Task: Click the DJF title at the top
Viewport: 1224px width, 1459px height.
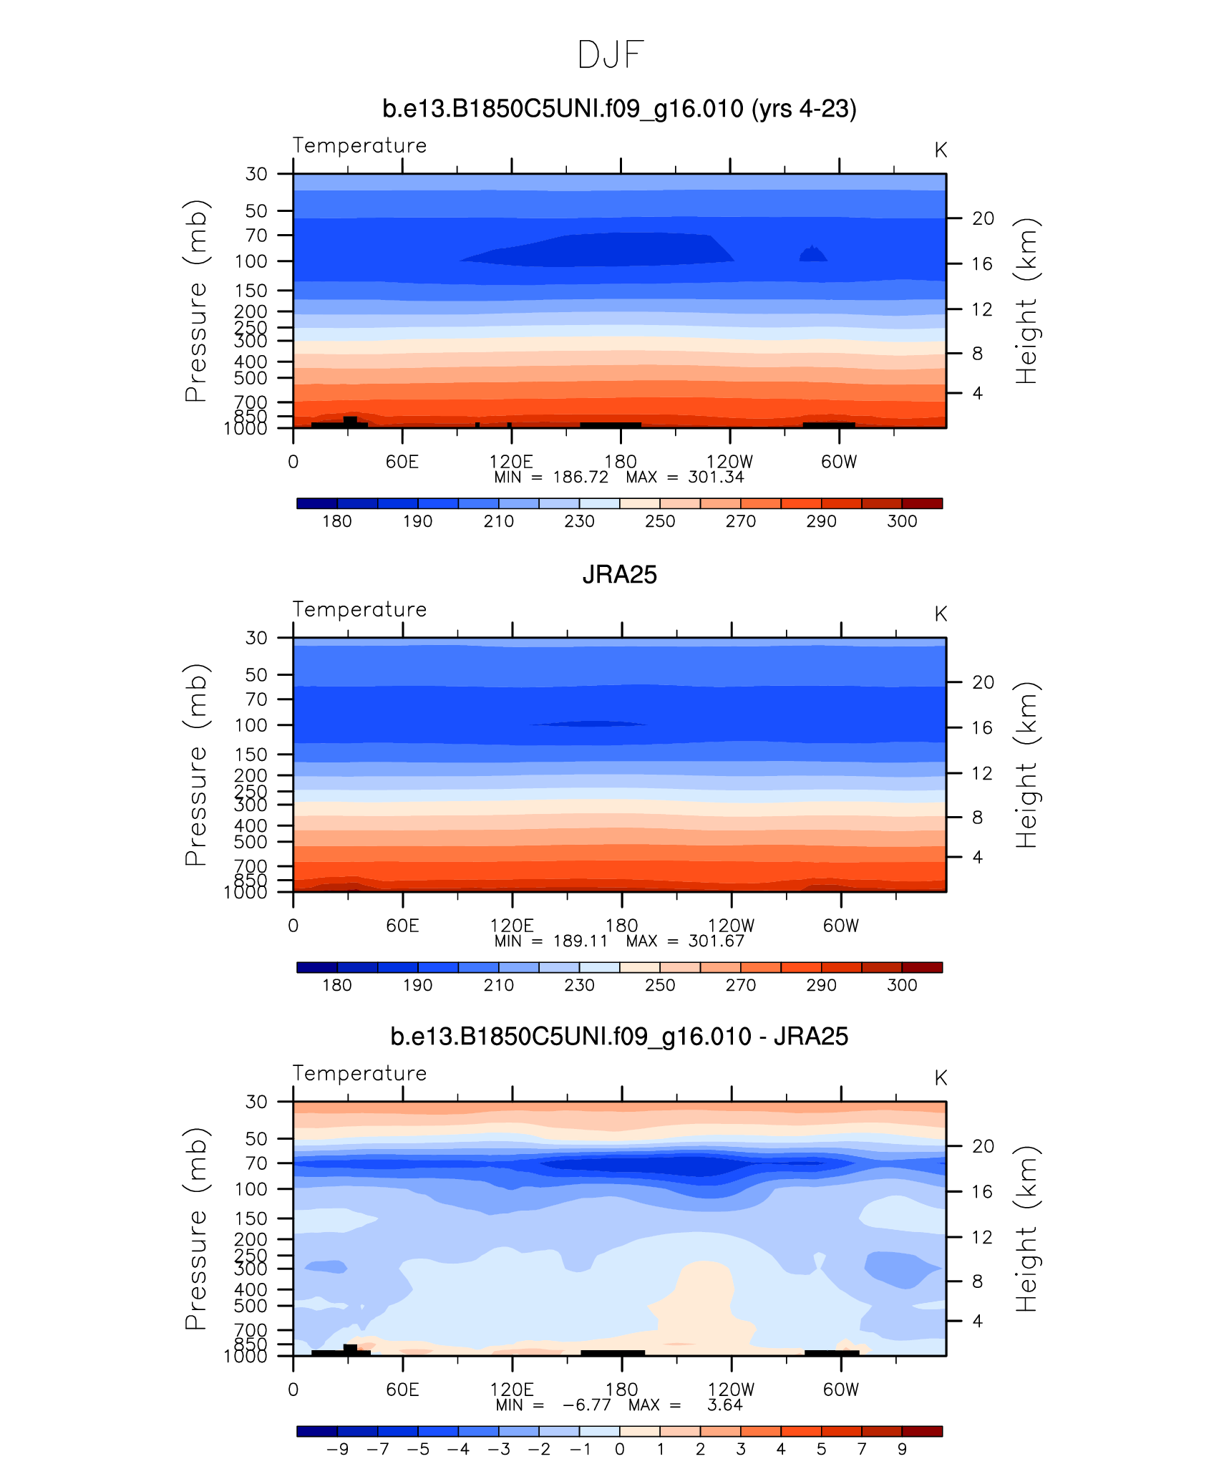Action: click(x=611, y=55)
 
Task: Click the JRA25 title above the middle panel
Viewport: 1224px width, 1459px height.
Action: click(x=619, y=575)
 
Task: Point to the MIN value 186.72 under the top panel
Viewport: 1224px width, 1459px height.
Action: click(x=581, y=478)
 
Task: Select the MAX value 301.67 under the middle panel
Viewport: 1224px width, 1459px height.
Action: click(x=716, y=941)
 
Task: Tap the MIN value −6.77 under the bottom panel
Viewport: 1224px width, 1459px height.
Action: click(x=586, y=1405)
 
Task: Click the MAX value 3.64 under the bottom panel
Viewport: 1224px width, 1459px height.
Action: click(x=724, y=1405)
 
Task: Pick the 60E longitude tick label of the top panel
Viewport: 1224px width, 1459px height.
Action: click(x=402, y=462)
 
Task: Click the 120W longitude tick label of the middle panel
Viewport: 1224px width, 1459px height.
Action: click(x=731, y=926)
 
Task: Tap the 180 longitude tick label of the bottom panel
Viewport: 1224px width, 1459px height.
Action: click(x=621, y=1390)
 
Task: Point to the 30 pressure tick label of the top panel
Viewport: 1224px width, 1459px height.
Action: click(x=256, y=174)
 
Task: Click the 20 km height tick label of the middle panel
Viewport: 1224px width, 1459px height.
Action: click(x=983, y=682)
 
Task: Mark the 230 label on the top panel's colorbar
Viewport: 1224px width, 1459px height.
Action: click(x=579, y=521)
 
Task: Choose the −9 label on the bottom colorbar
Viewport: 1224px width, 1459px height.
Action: click(x=337, y=1449)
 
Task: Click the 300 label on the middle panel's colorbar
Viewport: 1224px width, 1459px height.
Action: click(x=902, y=985)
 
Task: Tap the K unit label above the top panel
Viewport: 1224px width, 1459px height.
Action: click(x=941, y=150)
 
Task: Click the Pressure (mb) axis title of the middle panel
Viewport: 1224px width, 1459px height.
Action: click(x=195, y=765)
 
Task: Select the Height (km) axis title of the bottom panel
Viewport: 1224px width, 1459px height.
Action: click(x=1026, y=1228)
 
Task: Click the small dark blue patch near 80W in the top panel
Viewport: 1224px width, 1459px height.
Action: click(x=813, y=253)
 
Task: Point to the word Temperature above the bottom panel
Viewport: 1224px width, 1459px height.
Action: click(x=359, y=1073)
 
